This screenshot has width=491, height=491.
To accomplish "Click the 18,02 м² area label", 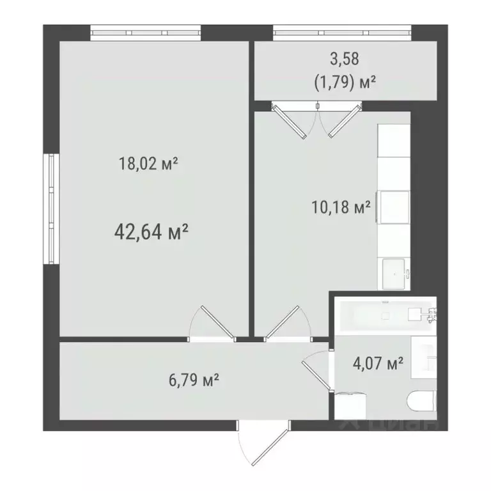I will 148,164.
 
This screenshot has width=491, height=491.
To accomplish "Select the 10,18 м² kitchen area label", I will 340,208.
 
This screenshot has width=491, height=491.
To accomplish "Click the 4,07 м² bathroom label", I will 378,364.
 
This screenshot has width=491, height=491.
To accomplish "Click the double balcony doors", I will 313,120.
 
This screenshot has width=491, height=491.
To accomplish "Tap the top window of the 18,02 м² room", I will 145,32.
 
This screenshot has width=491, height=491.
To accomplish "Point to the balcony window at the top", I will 342,32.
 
